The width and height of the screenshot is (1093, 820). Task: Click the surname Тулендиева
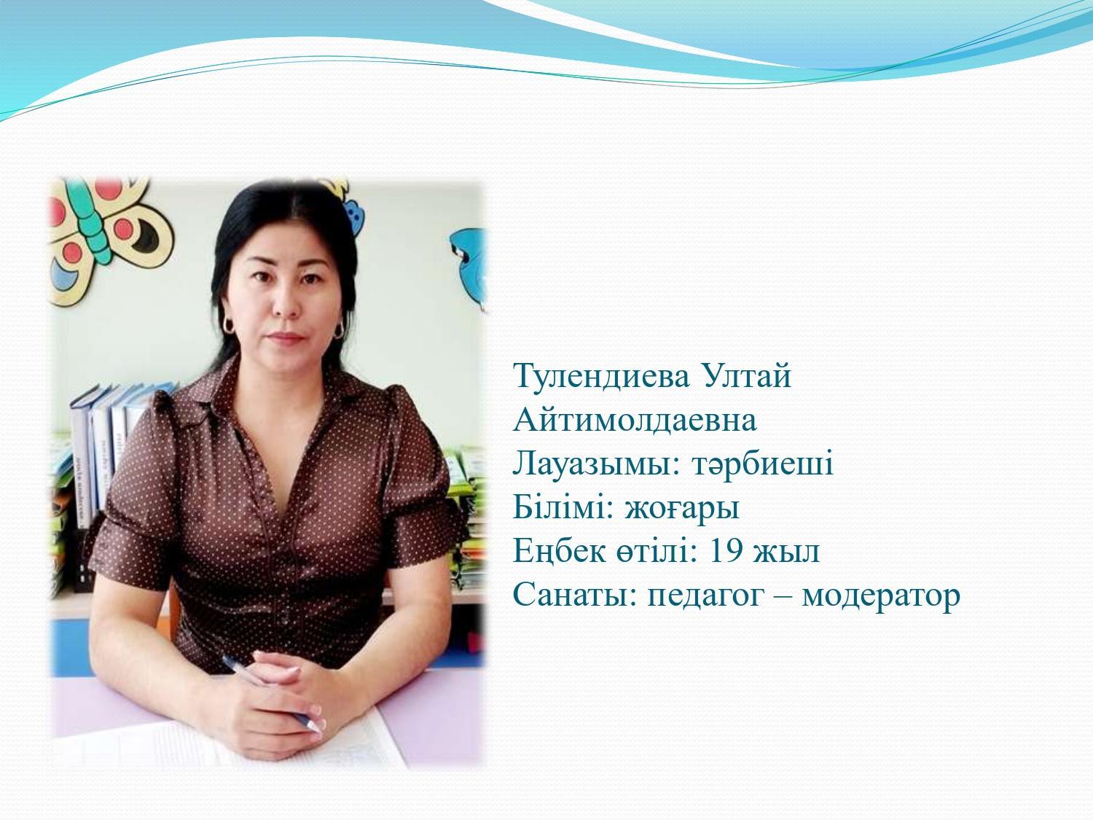click(x=602, y=376)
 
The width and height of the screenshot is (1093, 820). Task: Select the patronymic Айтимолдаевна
click(x=635, y=419)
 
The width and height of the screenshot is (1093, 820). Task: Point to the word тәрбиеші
click(x=762, y=464)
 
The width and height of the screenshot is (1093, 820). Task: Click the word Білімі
click(x=563, y=507)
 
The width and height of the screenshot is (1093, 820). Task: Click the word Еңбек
click(x=560, y=552)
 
